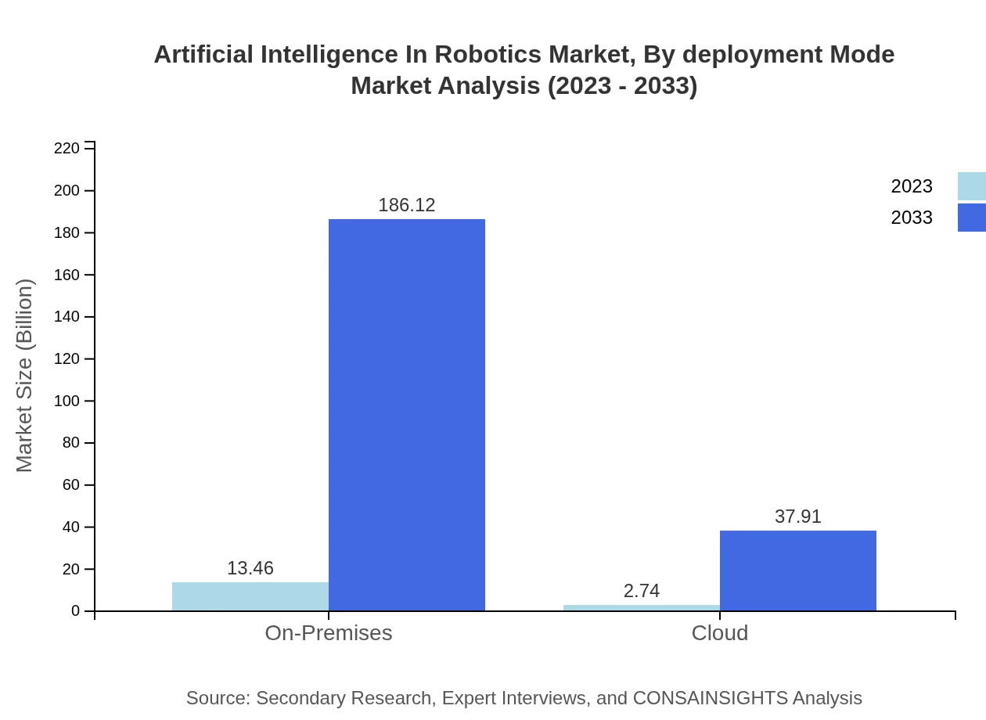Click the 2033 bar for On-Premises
coord(407,415)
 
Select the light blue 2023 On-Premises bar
coord(250,596)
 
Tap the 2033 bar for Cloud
coord(798,571)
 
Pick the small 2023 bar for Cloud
coord(642,608)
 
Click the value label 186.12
coord(407,205)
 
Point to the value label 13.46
coord(250,568)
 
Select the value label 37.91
coord(798,517)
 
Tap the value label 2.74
coord(642,591)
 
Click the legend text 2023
coord(912,186)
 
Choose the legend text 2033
coord(912,218)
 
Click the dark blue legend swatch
coord(972,218)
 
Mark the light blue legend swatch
coord(972,186)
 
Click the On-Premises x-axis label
coord(329,632)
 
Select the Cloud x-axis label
coord(720,632)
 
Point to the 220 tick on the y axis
coord(67,149)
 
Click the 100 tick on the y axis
coord(67,401)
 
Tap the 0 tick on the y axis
coord(76,610)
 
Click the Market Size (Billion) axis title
coord(24,376)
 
